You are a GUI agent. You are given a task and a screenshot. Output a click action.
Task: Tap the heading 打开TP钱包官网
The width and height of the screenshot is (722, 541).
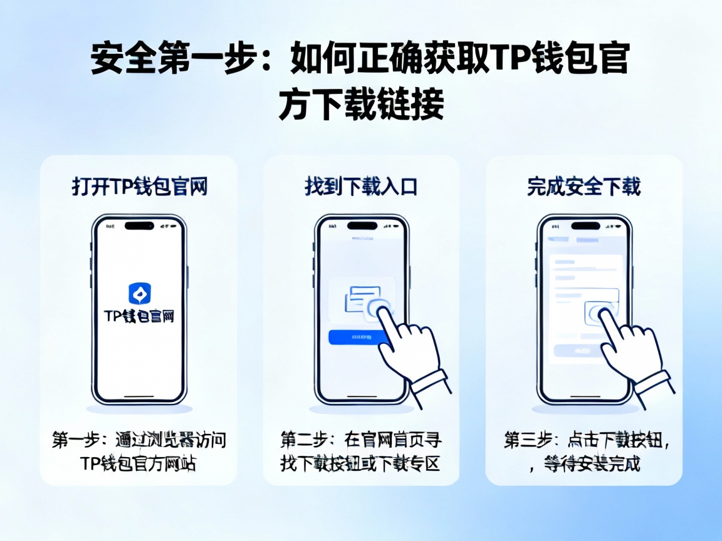pyautogui.click(x=139, y=187)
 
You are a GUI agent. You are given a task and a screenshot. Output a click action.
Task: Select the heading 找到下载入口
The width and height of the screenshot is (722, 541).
pyautogui.click(x=361, y=187)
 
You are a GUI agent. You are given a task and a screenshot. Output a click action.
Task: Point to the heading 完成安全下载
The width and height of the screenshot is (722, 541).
pyautogui.click(x=583, y=187)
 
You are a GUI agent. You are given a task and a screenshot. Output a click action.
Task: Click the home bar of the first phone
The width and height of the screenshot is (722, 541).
pyautogui.click(x=139, y=396)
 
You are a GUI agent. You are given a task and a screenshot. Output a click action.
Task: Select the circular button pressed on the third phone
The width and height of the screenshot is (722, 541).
pyautogui.click(x=599, y=312)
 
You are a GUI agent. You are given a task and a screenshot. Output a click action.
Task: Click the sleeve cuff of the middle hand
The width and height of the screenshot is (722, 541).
pyautogui.click(x=432, y=381)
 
